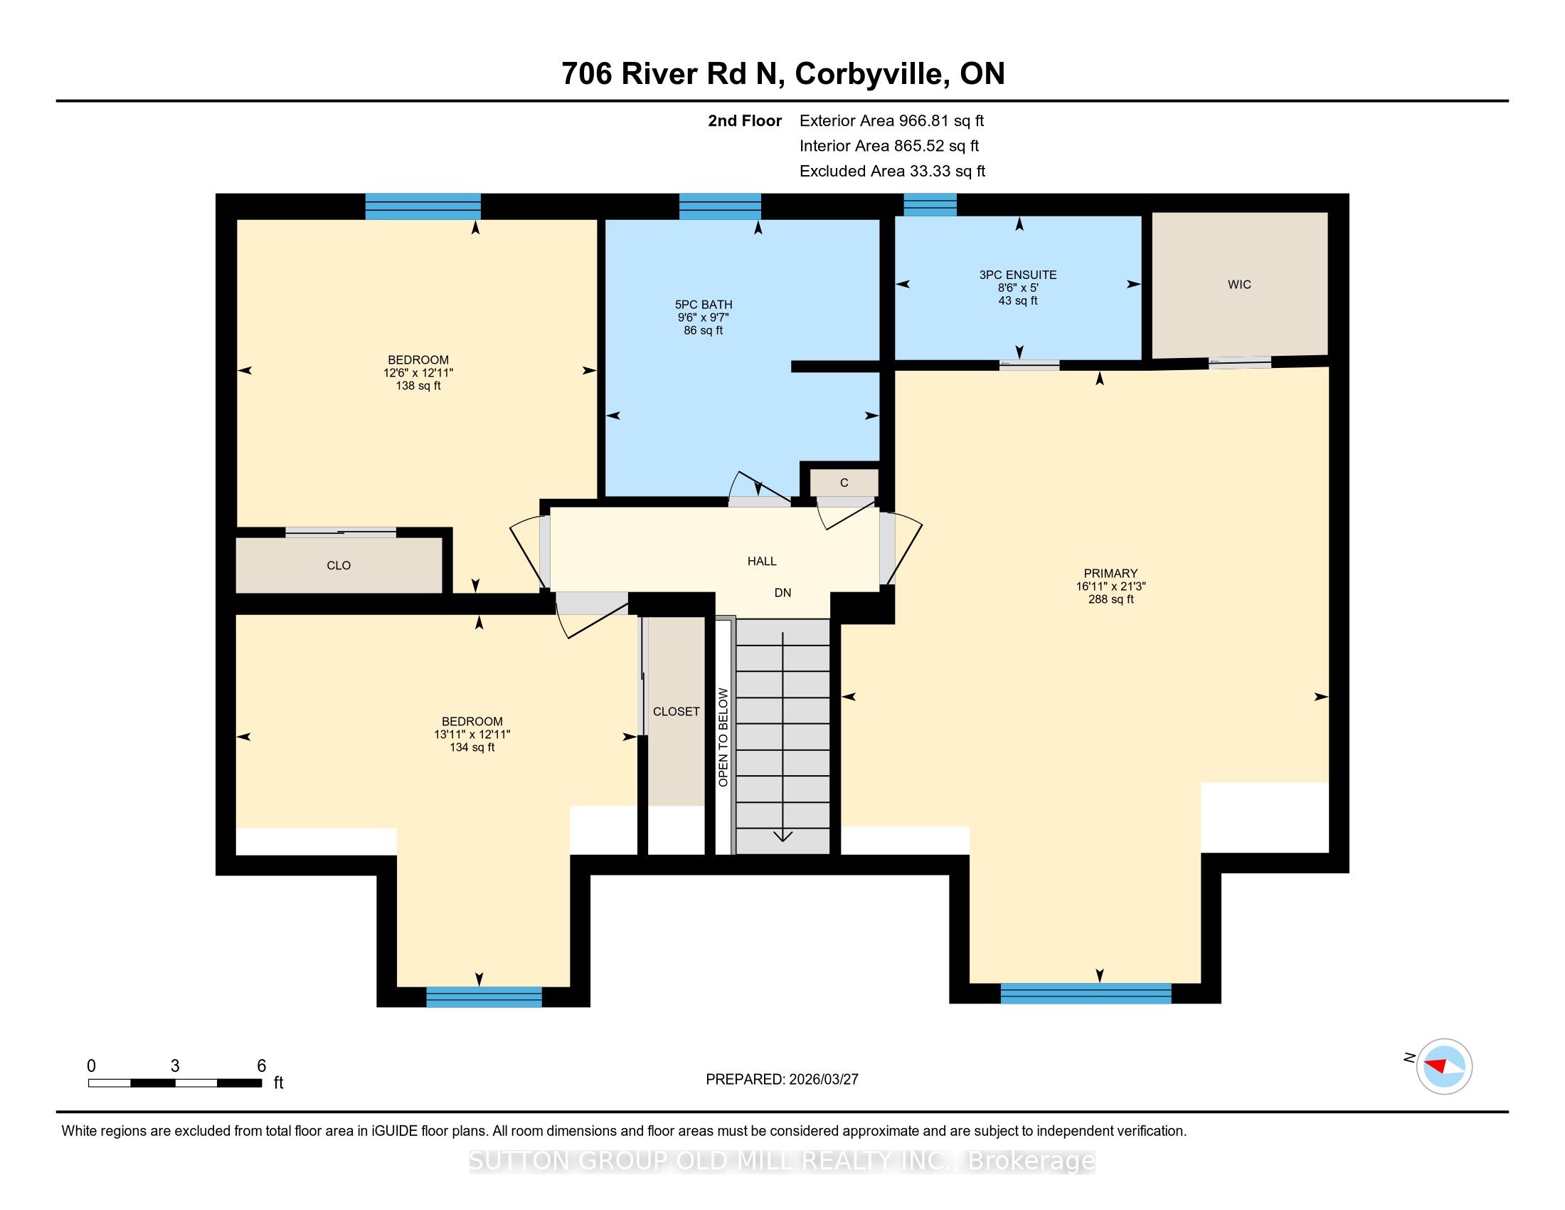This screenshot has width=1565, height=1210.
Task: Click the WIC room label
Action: click(x=1239, y=285)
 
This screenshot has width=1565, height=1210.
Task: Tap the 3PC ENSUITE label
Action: click(x=1017, y=275)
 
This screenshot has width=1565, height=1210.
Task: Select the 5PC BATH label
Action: click(x=703, y=305)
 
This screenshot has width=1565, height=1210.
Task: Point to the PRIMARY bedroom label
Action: click(x=1110, y=574)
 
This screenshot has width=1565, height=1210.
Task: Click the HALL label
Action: click(x=762, y=562)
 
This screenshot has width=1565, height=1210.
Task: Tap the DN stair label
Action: click(x=782, y=593)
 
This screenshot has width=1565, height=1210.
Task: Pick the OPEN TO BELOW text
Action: click(x=723, y=737)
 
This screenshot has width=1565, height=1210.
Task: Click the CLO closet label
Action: click(x=339, y=566)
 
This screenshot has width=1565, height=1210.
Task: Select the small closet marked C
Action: click(x=844, y=483)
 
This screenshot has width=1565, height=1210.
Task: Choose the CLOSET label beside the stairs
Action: click(x=676, y=711)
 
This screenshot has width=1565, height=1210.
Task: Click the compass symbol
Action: click(x=1444, y=1066)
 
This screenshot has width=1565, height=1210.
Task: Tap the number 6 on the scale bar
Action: click(x=262, y=1066)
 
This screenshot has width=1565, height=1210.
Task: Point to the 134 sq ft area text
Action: click(x=472, y=747)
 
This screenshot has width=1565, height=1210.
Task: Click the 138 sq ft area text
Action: click(x=418, y=386)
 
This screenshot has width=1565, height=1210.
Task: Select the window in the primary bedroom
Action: click(x=1086, y=993)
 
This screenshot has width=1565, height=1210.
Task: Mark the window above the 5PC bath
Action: click(x=720, y=206)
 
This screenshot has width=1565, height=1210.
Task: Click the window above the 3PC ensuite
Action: click(x=930, y=205)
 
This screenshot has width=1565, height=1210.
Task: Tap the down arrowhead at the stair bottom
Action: click(x=782, y=835)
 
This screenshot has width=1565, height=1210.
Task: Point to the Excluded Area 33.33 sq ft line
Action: click(x=892, y=172)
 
